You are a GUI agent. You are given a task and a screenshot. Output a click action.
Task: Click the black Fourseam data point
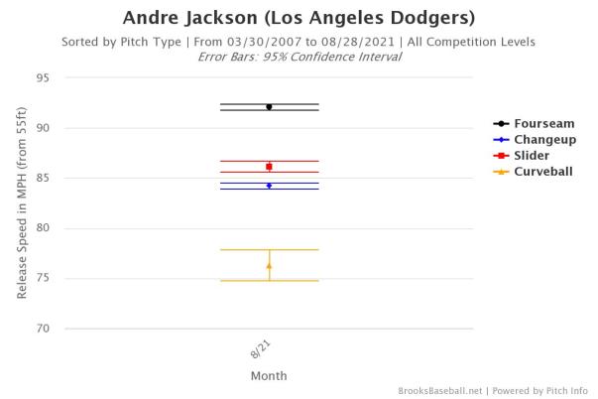coord(269,106)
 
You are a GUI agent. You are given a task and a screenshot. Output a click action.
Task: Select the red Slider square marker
coord(269,167)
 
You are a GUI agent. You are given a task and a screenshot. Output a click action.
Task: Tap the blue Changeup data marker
coord(269,186)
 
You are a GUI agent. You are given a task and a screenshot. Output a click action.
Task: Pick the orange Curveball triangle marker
coord(269,265)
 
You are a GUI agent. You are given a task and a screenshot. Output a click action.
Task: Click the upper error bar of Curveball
coord(269,250)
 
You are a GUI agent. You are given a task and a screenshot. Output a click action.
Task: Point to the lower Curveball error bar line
coord(269,281)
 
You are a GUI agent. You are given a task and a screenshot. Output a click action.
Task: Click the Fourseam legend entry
coord(534,124)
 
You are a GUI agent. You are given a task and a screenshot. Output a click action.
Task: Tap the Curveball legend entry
coord(537,172)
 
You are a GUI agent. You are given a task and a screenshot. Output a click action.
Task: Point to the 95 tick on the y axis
coord(43,77)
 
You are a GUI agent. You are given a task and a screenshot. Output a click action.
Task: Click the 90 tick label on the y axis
coord(43,128)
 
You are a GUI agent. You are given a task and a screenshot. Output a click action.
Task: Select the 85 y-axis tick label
coord(43,178)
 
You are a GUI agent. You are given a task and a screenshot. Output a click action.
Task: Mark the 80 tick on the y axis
coord(43,228)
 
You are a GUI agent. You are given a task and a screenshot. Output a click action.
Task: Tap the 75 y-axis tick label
coord(43,279)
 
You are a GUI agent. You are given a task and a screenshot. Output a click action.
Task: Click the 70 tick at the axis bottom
coord(43,329)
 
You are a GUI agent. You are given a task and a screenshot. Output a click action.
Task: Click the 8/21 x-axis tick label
coord(260,348)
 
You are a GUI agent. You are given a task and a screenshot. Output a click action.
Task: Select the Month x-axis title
coord(268,376)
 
